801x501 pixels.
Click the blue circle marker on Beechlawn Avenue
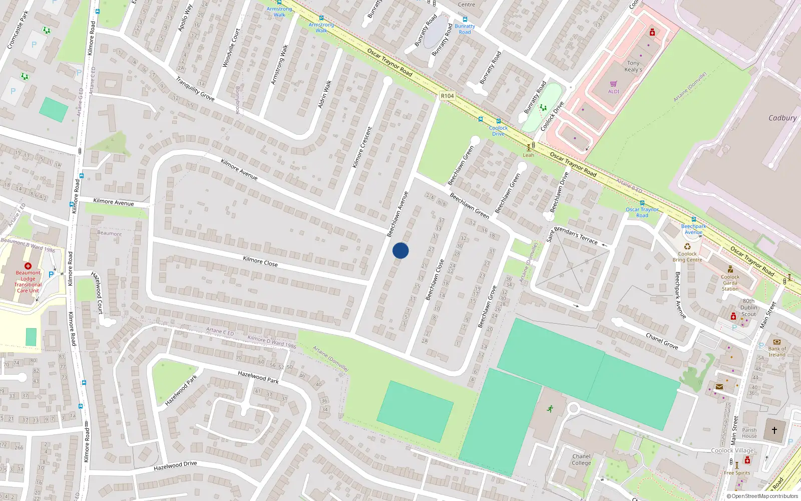coord(400,250)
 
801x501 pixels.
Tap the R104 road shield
coord(447,96)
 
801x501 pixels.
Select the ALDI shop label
coord(614,92)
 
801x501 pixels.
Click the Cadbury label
coord(782,118)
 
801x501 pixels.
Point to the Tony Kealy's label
coord(633,67)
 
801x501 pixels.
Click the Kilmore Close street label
coord(260,261)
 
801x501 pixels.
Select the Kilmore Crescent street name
coord(362,147)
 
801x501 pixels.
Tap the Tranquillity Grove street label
coord(195,89)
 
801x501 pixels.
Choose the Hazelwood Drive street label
coord(175,466)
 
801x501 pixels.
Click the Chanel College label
coord(581,459)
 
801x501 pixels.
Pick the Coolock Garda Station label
coord(730,283)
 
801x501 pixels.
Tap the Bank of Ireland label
coord(777,352)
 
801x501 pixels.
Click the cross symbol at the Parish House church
coord(774,430)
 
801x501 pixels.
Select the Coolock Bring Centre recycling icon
coord(687,246)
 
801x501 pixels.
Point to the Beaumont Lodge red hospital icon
coord(28,266)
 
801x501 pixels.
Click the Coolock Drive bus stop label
coord(498,131)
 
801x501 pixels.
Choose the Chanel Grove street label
coord(662,341)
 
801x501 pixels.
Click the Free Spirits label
coord(737,473)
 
